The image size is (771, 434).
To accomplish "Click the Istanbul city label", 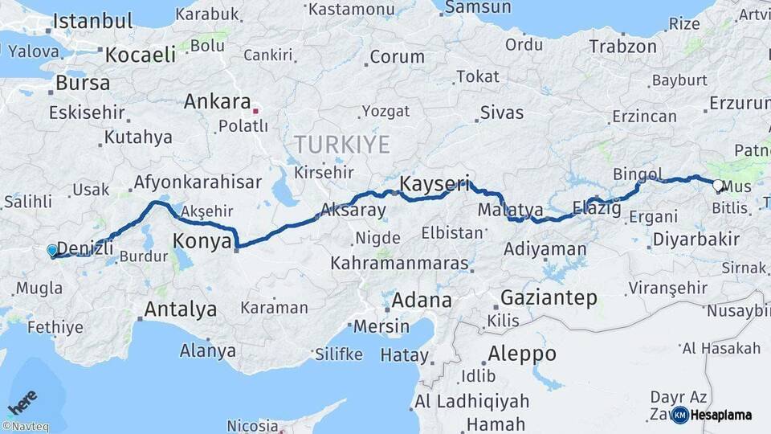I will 93,21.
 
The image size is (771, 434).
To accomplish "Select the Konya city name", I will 203,240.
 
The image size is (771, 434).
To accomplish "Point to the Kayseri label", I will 434,182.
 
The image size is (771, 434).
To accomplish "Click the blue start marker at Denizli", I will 52,251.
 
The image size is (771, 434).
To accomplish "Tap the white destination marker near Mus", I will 717,185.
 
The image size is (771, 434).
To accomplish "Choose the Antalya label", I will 181,309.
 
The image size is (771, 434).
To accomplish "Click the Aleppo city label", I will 521,354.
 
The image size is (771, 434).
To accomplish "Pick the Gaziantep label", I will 549,298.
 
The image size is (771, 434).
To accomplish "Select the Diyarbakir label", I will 696,239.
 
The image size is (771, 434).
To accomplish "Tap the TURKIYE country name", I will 341,145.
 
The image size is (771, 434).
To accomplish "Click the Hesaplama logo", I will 712,415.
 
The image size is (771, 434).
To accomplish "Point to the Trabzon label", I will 622,47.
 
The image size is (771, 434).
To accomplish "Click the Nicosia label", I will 252,425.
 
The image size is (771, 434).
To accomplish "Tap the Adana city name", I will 421,301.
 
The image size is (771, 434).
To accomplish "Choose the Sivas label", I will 501,113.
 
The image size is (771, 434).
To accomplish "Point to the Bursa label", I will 82,83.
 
